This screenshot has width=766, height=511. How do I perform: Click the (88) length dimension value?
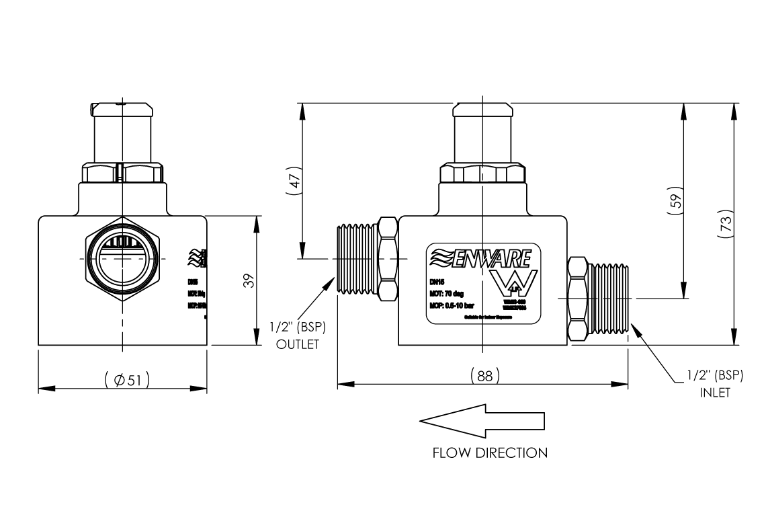tap(484, 376)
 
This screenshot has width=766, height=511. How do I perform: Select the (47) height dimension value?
tap(294, 182)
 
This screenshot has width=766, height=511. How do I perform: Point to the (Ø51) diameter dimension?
tap(127, 379)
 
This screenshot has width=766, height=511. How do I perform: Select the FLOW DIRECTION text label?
tap(490, 453)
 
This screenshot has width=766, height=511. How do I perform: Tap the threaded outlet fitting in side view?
tap(355, 258)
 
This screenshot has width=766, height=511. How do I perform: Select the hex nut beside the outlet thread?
tap(388, 258)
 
